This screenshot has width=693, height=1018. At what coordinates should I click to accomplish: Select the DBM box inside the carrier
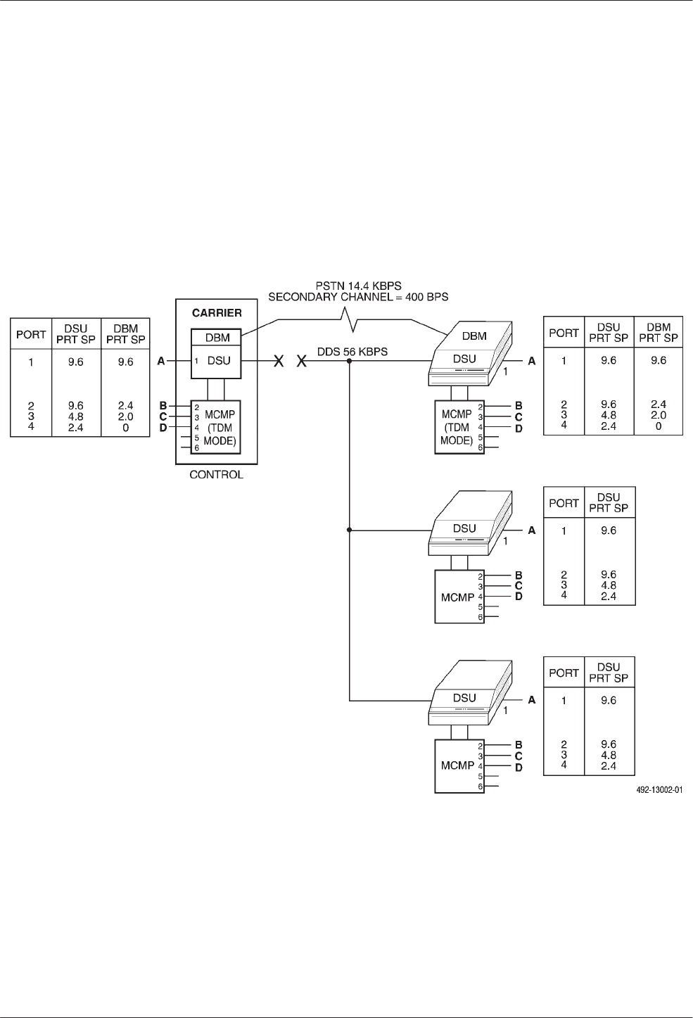tap(217, 338)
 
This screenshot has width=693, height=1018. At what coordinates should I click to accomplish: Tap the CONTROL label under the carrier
tap(216, 475)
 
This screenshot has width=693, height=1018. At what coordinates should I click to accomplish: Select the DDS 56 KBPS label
tap(352, 351)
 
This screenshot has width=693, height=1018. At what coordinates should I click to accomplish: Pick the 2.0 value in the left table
tap(125, 416)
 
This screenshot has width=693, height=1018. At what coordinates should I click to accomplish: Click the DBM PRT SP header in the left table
tap(125, 333)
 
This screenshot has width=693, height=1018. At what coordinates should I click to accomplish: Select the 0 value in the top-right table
tap(659, 426)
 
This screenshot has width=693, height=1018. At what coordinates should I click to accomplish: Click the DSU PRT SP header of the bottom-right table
tap(609, 673)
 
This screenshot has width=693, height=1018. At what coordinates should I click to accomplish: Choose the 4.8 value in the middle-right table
tap(609, 585)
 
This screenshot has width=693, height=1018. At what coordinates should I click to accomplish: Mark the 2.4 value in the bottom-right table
tap(609, 766)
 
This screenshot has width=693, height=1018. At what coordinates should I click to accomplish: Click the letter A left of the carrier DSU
tap(161, 361)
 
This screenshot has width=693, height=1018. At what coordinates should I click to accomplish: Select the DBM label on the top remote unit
tap(475, 336)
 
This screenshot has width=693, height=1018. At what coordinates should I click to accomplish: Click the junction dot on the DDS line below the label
tap(350, 361)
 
